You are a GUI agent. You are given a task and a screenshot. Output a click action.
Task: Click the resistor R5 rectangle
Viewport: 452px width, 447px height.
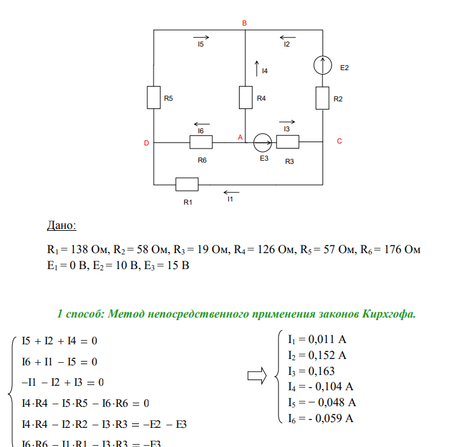click(x=154, y=98)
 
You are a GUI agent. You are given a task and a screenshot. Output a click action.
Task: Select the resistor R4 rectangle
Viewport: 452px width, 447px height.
click(x=246, y=98)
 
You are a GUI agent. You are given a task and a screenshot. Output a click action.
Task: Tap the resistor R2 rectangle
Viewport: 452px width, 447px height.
click(x=323, y=98)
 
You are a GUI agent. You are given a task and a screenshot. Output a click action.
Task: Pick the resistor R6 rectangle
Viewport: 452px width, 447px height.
click(x=201, y=142)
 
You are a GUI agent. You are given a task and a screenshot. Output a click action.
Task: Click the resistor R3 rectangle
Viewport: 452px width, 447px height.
click(x=288, y=142)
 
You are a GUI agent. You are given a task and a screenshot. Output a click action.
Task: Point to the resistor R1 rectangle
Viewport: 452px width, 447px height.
click(x=187, y=184)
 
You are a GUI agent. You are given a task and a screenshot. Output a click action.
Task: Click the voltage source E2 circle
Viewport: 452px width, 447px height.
click(x=323, y=65)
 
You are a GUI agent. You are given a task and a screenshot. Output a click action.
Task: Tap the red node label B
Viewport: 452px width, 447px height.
click(x=244, y=23)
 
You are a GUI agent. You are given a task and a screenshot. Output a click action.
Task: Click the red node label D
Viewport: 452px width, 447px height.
click(x=146, y=143)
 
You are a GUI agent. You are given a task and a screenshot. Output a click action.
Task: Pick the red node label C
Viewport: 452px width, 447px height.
click(x=339, y=142)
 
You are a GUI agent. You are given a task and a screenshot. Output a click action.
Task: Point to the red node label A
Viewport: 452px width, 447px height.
click(x=240, y=137)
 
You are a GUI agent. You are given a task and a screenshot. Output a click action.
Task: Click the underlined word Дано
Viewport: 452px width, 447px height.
click(x=62, y=226)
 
